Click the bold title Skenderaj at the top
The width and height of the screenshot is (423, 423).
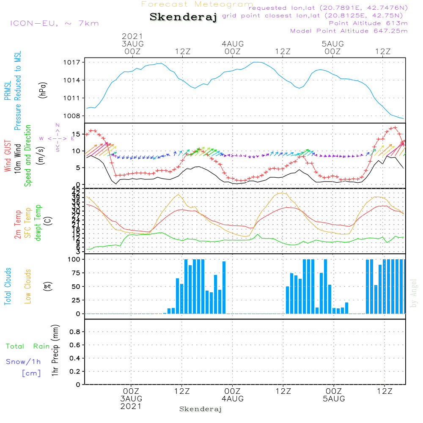[x=183, y=17]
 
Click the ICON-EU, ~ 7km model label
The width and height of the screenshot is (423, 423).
[x=54, y=23]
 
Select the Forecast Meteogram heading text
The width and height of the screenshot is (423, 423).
[x=197, y=4]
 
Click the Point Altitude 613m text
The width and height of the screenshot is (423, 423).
[x=368, y=23]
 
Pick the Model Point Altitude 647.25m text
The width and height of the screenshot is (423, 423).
[x=349, y=31]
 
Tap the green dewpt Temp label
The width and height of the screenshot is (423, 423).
[x=38, y=223]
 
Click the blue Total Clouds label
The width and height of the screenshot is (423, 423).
[x=8, y=286]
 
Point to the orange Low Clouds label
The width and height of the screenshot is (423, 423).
[x=28, y=286]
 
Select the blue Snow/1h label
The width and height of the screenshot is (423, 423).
[x=24, y=362]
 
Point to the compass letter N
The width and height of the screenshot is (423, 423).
[x=58, y=125]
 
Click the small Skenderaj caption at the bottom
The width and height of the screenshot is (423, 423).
[x=201, y=409]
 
